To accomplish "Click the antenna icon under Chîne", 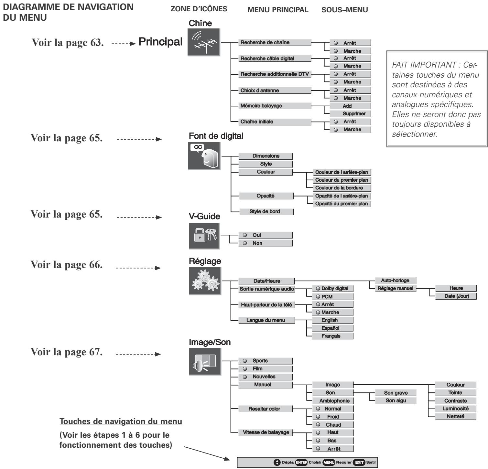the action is tap(204, 42).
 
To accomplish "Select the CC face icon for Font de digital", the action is tap(204, 156).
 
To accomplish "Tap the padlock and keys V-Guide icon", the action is tap(204, 236).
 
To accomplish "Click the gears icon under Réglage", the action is tap(205, 281).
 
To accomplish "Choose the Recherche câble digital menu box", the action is tap(274, 59).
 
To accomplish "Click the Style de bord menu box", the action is tap(266, 212).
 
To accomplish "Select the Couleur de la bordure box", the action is tap(342, 188).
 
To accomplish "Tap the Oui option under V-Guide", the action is tap(265, 235).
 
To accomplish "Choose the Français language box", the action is tap(332, 336).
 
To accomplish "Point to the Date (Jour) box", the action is tap(456, 296).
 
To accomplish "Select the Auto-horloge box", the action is tap(395, 281).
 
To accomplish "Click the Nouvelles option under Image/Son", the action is tap(265, 377).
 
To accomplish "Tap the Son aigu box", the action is tap(395, 401).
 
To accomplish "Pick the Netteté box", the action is tap(455, 417).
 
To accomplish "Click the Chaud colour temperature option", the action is tap(332, 425).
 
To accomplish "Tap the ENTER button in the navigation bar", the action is tap(302, 462).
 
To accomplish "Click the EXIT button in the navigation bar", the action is tap(359, 462).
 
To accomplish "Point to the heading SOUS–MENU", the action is tap(345, 10).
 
